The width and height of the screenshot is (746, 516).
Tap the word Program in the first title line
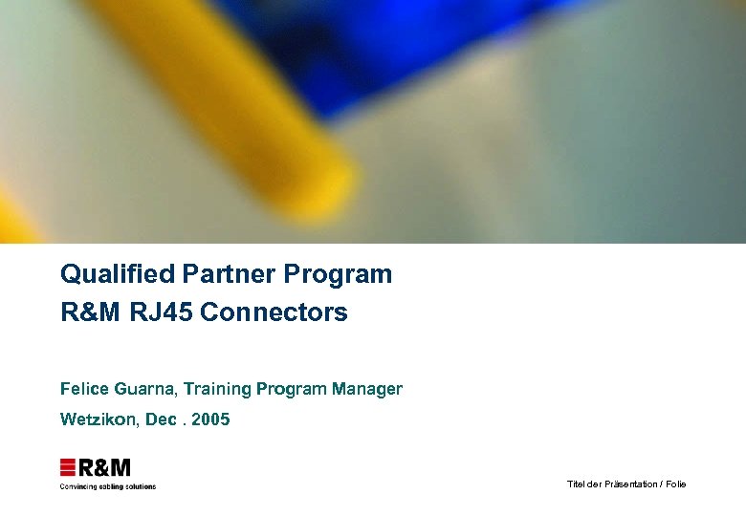click(x=338, y=275)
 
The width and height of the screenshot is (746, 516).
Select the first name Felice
click(x=83, y=389)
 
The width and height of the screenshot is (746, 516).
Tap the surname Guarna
click(x=144, y=389)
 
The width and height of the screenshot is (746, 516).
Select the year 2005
click(x=210, y=419)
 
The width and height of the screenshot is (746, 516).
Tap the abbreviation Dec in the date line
click(x=161, y=419)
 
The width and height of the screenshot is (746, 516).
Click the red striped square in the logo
click(x=68, y=467)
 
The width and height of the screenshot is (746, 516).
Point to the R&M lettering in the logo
click(x=104, y=467)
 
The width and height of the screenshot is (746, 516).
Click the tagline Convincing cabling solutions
click(x=107, y=486)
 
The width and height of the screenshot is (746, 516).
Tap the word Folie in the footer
click(x=676, y=484)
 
